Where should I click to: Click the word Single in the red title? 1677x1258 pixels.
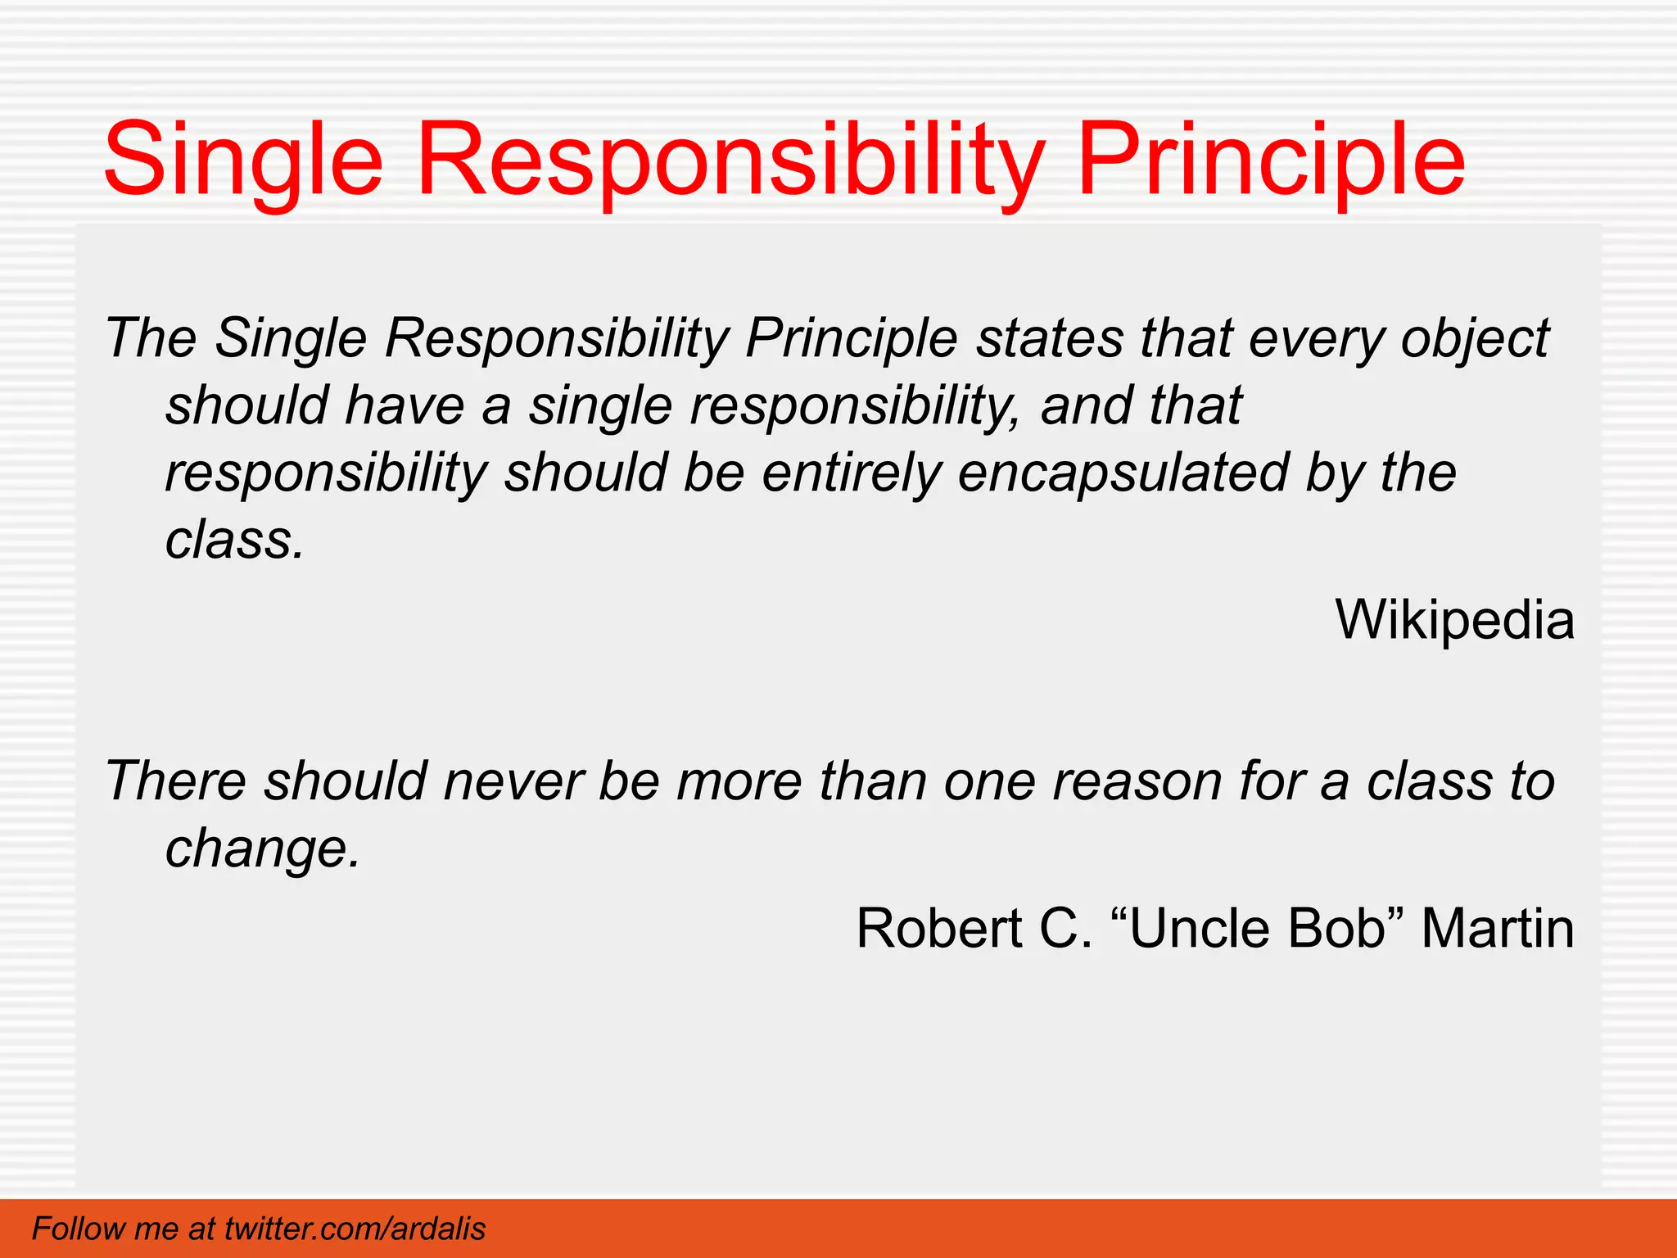(243, 160)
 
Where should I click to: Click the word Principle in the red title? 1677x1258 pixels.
(1271, 160)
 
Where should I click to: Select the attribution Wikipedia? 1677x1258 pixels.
(1454, 619)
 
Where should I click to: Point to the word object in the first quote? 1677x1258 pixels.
(1475, 337)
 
